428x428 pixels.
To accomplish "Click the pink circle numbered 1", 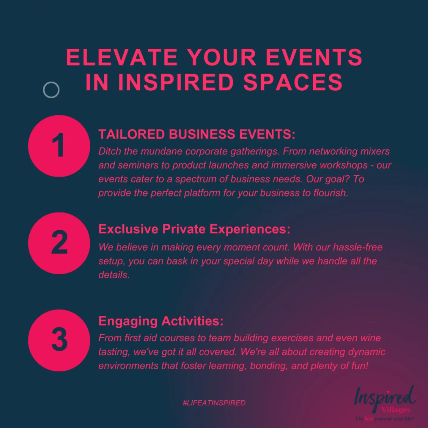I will tap(59, 146).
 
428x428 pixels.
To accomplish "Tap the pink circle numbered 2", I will tap(59, 243).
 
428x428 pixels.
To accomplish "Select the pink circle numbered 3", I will tap(59, 340).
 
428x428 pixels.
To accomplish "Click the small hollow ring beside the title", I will tap(51, 90).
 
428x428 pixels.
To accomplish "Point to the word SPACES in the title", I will tap(293, 82).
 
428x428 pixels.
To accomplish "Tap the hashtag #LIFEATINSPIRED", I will tap(214, 403).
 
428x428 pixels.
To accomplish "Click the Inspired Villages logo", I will tap(385, 403).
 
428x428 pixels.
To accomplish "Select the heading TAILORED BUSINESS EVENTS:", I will tap(197, 134).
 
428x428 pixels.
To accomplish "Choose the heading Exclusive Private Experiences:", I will tap(194, 229).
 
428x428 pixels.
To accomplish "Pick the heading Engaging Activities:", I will tap(161, 321).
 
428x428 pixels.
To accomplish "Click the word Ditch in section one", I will tap(109, 151).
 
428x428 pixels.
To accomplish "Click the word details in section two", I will tap(114, 275).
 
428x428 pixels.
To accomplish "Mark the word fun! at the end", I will tap(360, 366).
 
